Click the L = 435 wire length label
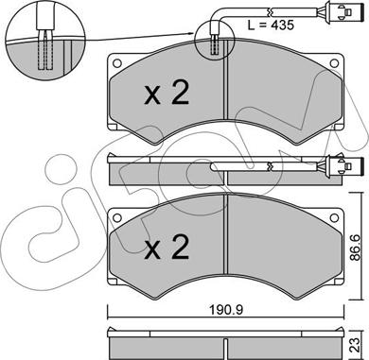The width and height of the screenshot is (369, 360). (271, 25)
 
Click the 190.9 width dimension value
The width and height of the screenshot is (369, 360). (226, 310)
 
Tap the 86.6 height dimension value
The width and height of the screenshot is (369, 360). (355, 247)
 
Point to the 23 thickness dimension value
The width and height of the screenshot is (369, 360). (355, 344)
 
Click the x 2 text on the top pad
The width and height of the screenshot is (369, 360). (167, 93)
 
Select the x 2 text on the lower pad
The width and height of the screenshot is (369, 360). (167, 247)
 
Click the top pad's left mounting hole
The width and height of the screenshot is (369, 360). (117, 63)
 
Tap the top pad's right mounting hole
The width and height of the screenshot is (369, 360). (334, 63)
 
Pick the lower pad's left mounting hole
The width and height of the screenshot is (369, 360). (117, 217)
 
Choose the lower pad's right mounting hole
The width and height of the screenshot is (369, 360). (334, 217)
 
